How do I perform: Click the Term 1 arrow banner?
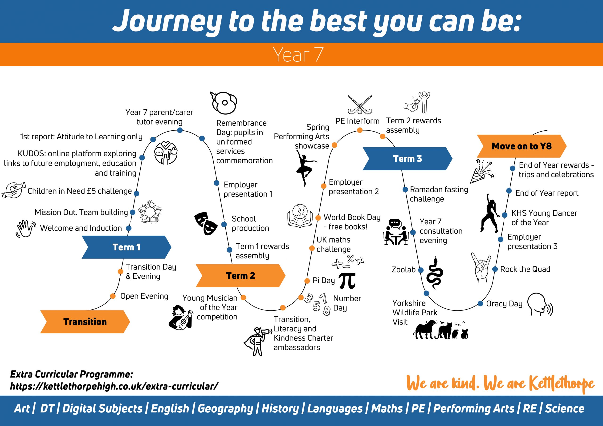coord(126,247)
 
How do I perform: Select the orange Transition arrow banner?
coord(85,322)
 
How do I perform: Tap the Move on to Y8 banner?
coord(522,146)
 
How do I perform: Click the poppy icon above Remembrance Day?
coord(224,103)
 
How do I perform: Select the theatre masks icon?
coord(206,224)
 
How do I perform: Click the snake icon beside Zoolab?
coord(435,273)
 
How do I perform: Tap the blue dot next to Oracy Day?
coord(480,304)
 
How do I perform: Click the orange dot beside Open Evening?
coord(113,296)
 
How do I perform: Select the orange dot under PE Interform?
coord(360,130)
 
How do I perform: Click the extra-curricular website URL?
coord(114,386)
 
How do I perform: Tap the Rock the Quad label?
coord(525,269)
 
